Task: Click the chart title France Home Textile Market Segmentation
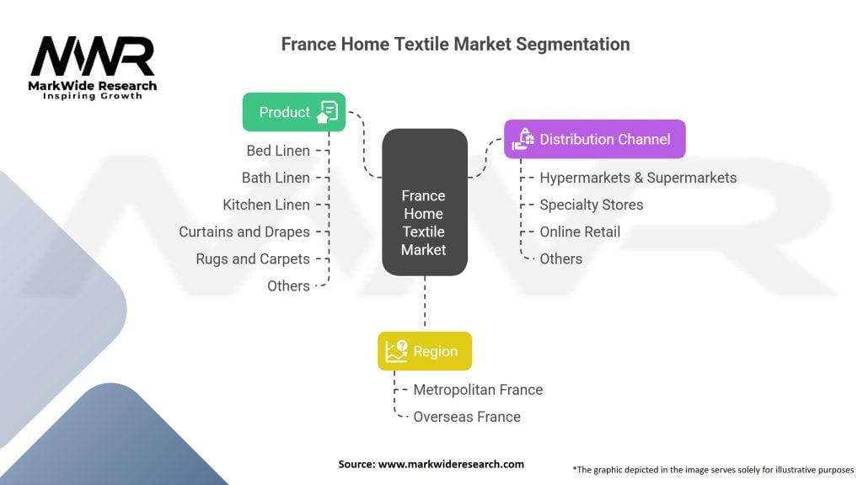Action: (455, 44)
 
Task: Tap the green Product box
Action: (293, 112)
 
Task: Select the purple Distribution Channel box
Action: (594, 139)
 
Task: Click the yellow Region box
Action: (424, 351)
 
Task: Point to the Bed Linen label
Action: (278, 151)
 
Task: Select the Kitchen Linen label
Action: (266, 205)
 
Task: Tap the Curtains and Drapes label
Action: (244, 232)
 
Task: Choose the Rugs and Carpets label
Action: (253, 258)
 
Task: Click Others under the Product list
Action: (288, 285)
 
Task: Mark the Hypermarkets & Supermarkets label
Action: (638, 178)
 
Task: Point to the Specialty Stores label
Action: (591, 205)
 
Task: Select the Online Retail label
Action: (580, 232)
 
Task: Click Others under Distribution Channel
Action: (560, 258)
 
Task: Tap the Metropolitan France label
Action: (478, 390)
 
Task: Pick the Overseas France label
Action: (467, 417)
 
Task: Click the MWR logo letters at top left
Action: (93, 57)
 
